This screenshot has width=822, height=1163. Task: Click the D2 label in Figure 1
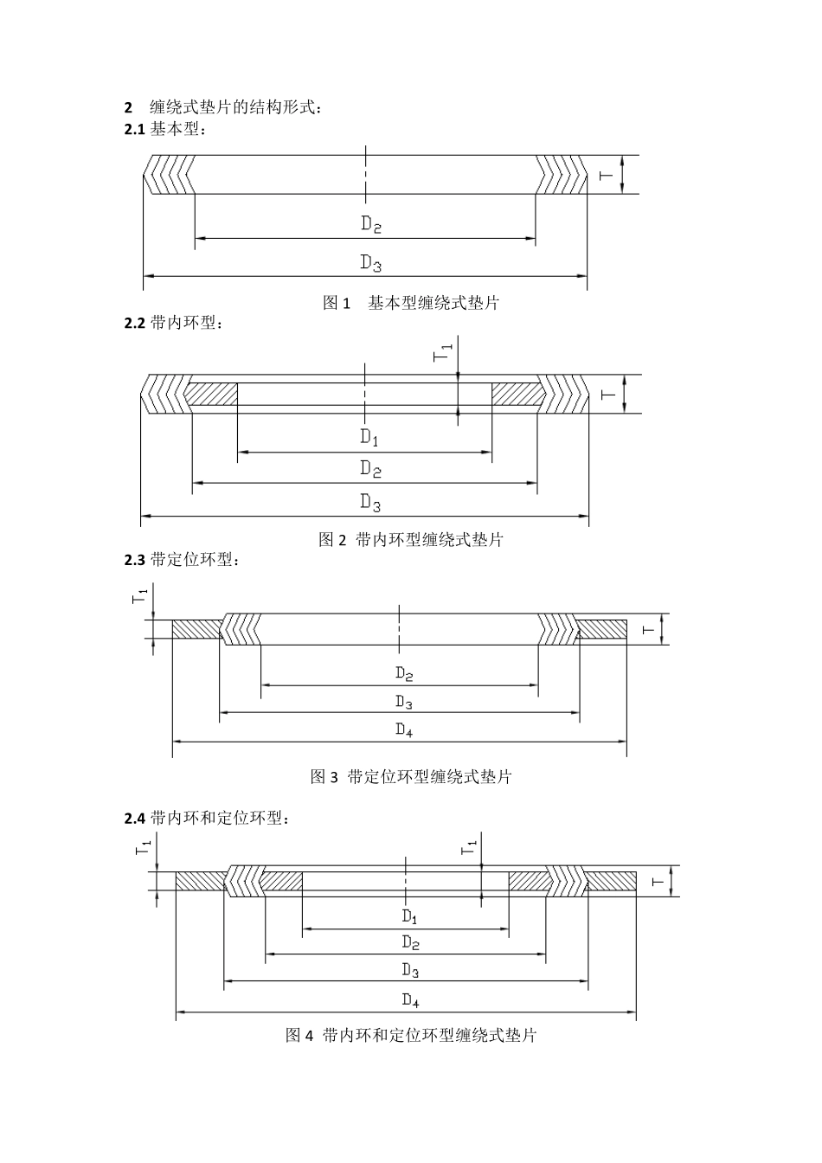click(371, 224)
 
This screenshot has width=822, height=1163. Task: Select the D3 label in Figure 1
click(371, 262)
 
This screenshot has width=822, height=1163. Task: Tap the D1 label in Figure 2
click(369, 438)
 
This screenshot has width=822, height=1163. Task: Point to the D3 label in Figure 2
click(370, 502)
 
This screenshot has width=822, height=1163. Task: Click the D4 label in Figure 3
click(404, 729)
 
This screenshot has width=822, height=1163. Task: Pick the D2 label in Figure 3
click(404, 673)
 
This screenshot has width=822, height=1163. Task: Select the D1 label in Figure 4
click(410, 916)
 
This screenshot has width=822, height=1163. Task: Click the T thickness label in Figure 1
click(605, 175)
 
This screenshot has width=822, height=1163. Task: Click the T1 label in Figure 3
click(139, 596)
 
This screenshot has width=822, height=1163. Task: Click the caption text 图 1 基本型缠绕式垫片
click(411, 303)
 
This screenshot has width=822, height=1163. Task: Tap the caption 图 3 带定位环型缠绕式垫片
click(411, 776)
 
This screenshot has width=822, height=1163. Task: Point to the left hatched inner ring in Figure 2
click(210, 394)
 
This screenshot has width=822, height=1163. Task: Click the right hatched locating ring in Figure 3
click(602, 630)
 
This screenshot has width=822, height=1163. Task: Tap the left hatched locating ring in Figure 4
click(201, 881)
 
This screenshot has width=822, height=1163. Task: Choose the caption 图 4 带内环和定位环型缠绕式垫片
click(411, 1035)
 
